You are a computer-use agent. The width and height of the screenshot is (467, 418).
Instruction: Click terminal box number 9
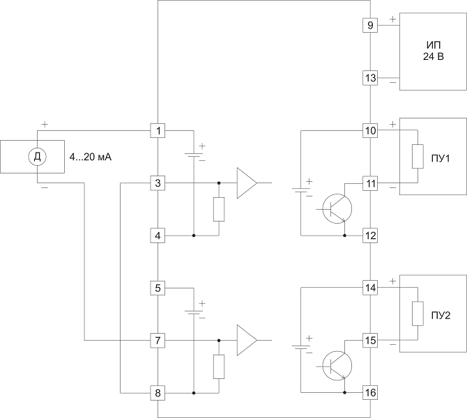click(x=370, y=25)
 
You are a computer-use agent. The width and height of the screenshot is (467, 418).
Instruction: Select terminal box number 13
click(x=370, y=78)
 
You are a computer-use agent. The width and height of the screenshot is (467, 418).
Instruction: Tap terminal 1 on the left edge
click(x=158, y=131)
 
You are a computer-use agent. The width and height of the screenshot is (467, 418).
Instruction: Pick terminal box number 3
click(x=158, y=183)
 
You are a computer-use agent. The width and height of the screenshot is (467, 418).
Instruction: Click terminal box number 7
click(x=158, y=340)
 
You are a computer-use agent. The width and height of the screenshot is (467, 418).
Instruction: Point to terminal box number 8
click(x=158, y=393)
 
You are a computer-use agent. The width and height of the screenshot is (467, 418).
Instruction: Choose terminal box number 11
click(x=370, y=183)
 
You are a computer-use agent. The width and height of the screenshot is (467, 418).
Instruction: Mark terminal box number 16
click(x=370, y=393)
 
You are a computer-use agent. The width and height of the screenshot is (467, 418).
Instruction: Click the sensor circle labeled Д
click(x=37, y=157)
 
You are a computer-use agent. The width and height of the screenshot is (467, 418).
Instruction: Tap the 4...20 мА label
click(x=90, y=157)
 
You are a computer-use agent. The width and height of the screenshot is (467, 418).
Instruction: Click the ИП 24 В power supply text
click(x=434, y=51)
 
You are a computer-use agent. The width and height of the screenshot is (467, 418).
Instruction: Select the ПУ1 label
click(x=441, y=159)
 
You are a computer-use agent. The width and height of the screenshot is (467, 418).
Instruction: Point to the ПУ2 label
click(x=441, y=316)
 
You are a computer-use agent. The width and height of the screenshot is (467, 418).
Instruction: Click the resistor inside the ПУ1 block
click(x=418, y=157)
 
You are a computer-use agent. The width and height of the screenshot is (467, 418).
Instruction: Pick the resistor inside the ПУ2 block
click(x=418, y=313)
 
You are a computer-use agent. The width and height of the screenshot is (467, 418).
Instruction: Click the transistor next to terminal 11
click(x=337, y=209)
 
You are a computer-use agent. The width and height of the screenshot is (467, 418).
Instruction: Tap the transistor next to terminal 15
click(x=337, y=366)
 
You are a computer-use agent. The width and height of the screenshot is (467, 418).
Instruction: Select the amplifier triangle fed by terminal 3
click(x=247, y=183)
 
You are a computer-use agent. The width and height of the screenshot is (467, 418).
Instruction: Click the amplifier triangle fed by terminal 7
click(x=247, y=340)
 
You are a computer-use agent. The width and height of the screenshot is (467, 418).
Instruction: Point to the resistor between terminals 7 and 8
click(x=219, y=366)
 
